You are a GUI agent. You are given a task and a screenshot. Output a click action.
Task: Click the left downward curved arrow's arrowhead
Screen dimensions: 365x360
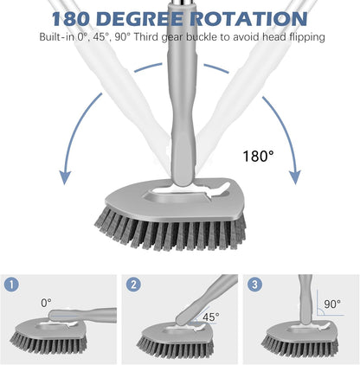(65, 177)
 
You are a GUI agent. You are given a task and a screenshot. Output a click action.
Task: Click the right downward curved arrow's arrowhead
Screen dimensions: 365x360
(294, 177)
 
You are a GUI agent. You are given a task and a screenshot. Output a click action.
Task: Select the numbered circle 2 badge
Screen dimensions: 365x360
(133, 284)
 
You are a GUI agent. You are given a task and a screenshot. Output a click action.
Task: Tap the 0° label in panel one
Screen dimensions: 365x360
(45, 303)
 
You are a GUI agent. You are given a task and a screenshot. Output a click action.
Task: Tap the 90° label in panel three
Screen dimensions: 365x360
(332, 304)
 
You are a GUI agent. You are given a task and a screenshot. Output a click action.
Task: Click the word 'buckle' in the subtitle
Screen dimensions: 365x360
(200, 37)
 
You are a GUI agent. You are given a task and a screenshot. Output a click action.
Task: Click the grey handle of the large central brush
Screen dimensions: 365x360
(180, 112)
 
